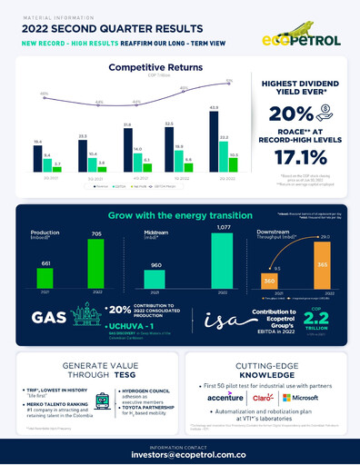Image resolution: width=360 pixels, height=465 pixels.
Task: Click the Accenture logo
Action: coord(224,397)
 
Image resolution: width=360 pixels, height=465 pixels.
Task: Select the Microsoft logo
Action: coord(306,397)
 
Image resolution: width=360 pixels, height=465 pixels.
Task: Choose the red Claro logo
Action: coord(263,397)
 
